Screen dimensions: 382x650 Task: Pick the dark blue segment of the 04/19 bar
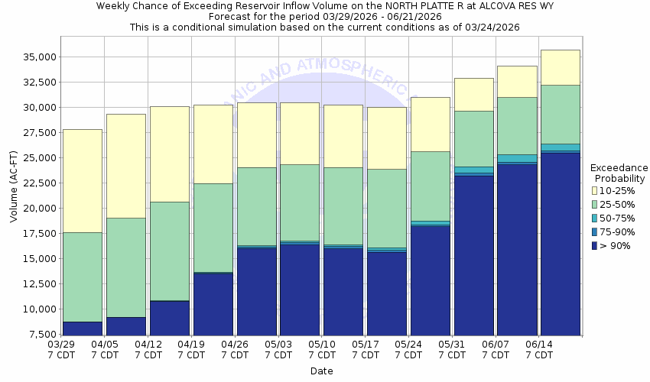(213, 303)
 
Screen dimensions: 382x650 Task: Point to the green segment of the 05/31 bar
(473, 138)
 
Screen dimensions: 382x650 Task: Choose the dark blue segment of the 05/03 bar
(300, 289)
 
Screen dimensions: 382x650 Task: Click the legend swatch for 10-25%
(595, 189)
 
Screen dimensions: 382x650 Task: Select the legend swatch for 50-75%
(595, 218)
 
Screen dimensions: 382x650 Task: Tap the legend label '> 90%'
(616, 246)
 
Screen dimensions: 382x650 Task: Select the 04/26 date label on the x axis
(235, 345)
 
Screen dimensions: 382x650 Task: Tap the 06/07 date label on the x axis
(496, 345)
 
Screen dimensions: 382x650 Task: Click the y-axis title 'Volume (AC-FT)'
(13, 188)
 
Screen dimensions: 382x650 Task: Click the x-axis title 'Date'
(321, 371)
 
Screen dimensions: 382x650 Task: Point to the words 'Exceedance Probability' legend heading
(620, 173)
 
